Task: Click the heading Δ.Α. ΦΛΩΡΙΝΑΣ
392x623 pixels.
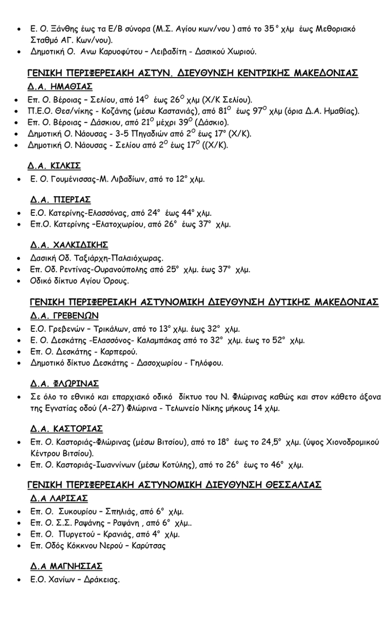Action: pyautogui.click(x=65, y=384)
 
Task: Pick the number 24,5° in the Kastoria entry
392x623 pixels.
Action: pyautogui.click(x=272, y=442)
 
